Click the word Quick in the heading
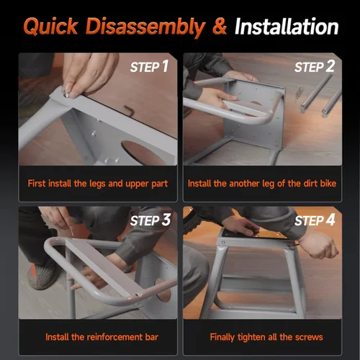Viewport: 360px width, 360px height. click(51, 27)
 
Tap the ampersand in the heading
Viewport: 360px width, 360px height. click(220, 26)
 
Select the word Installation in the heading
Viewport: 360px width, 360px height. click(287, 27)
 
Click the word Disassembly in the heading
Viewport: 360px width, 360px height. click(145, 27)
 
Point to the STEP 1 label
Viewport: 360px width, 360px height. click(149, 66)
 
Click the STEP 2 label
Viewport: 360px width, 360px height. click(315, 66)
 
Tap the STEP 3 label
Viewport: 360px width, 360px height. click(150, 220)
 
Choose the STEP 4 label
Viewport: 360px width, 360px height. click(315, 220)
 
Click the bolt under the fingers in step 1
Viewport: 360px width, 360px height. click(66, 95)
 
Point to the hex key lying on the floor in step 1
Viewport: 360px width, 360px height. click(129, 111)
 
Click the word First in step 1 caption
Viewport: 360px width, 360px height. click(37, 184)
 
